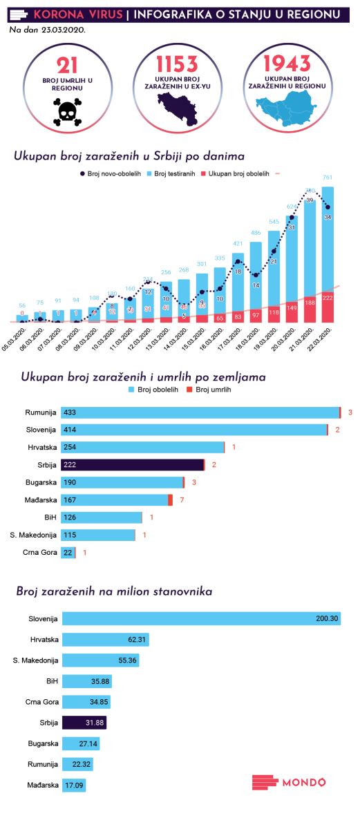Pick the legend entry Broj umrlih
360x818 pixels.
pyautogui.click(x=210, y=390)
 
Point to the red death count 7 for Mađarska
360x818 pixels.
pyautogui.click(x=180, y=499)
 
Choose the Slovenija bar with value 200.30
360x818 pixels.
pyautogui.click(x=200, y=618)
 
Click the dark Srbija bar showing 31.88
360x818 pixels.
pyautogui.click(x=84, y=723)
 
